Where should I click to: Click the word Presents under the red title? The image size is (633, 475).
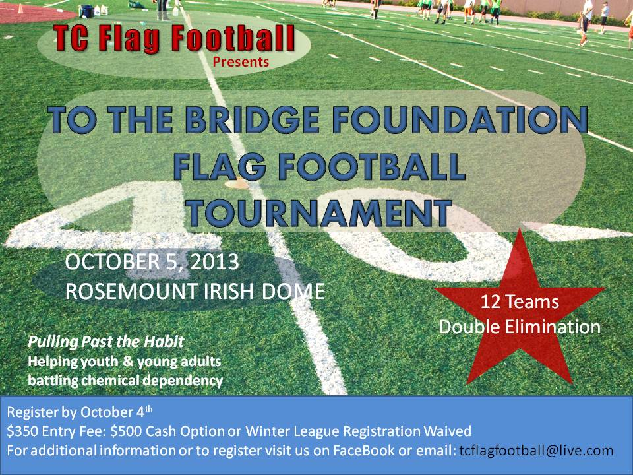pyautogui.click(x=241, y=62)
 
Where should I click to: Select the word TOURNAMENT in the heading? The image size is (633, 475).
pyautogui.click(x=318, y=212)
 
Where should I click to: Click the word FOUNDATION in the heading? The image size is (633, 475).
pyautogui.click(x=460, y=119)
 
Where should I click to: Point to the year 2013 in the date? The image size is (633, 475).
pyautogui.click(x=214, y=262)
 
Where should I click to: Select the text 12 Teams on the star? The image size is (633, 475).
pyautogui.click(x=520, y=301)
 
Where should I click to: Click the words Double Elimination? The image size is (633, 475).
pyautogui.click(x=520, y=327)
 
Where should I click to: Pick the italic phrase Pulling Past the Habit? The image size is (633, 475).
pyautogui.click(x=105, y=342)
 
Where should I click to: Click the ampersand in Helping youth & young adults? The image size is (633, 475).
pyautogui.click(x=127, y=361)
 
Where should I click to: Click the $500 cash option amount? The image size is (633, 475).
pyautogui.click(x=126, y=431)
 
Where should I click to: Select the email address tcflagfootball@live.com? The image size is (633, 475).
pyautogui.click(x=537, y=451)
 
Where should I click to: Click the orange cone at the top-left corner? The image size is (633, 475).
pyautogui.click(x=20, y=8)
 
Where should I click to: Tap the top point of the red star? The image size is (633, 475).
pyautogui.click(x=520, y=229)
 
